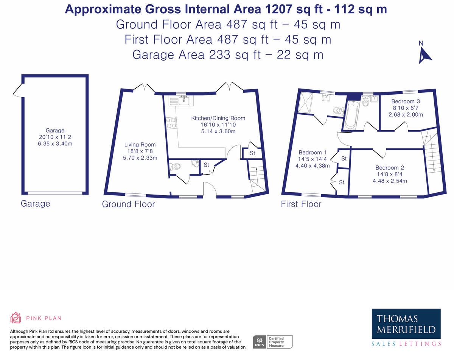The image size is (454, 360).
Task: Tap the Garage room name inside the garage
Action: tap(55, 130)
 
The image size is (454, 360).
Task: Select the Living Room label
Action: tap(140, 145)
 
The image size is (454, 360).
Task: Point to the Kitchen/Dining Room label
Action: tap(218, 118)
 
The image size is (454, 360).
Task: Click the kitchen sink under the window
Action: tap(182, 100)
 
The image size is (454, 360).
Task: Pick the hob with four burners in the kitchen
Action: tap(171, 123)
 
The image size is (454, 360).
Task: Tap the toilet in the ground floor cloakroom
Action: tap(175, 167)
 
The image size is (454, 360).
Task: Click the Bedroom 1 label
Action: tap(313, 153)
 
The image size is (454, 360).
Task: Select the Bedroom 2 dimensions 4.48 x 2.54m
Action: tap(390, 181)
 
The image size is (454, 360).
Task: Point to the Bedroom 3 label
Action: tap(406, 101)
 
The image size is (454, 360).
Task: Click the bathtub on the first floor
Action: tap(351, 115)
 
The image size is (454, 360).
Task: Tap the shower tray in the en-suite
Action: tap(305, 103)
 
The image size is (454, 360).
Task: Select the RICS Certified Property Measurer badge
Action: tap(272, 342)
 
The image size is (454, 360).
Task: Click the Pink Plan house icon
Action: tap(16, 318)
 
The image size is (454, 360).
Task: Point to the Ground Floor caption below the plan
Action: tap(128, 204)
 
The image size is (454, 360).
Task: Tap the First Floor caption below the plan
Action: tap(301, 204)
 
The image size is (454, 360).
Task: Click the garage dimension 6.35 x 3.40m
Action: tap(55, 144)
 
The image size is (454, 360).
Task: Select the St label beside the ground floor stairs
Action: tap(252, 153)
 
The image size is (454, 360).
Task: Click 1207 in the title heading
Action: tap(278, 9)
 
